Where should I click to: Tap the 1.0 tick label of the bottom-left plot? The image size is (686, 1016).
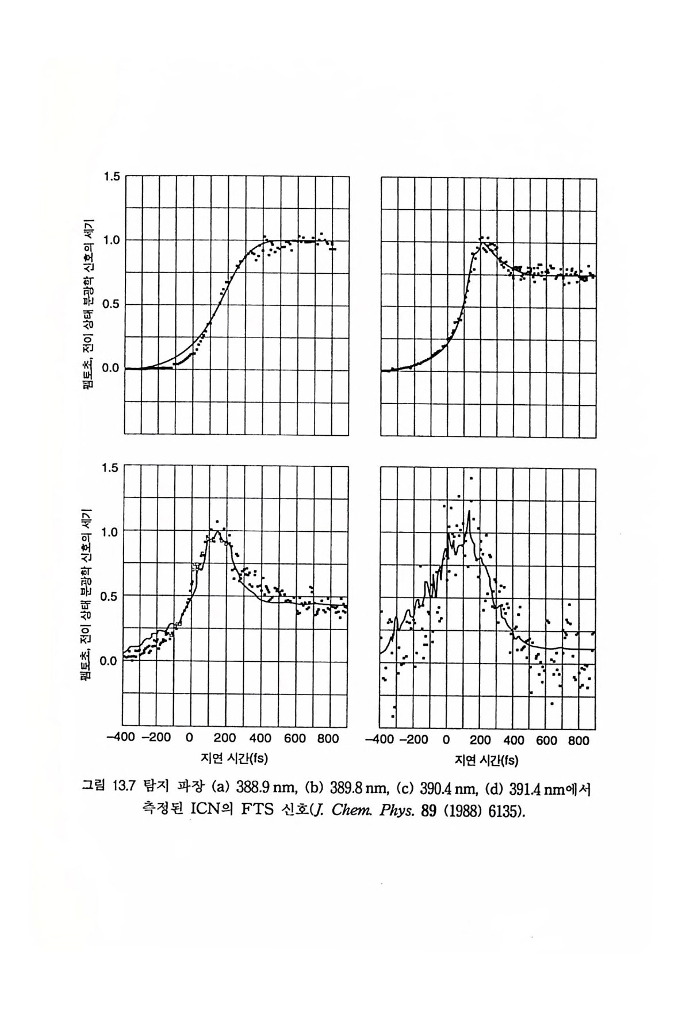click(109, 532)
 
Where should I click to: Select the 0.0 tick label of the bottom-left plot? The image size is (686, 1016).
click(109, 661)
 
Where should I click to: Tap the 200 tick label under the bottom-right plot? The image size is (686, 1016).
click(480, 741)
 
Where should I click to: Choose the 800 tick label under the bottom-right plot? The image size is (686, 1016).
click(579, 741)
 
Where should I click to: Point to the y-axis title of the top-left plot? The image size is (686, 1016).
click(90, 305)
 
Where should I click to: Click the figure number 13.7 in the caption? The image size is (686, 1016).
click(120, 787)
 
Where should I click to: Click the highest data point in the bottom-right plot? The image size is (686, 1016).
click(472, 478)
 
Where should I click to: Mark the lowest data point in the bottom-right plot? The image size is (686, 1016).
click(393, 716)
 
